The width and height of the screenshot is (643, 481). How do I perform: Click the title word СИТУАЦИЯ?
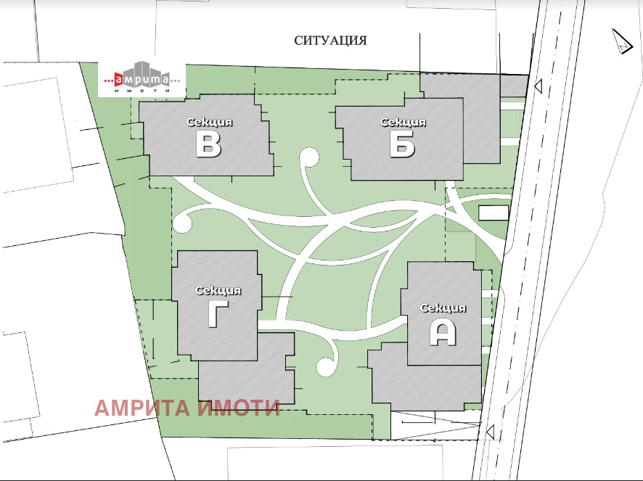click(x=330, y=41)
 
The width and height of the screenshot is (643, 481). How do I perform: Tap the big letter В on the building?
click(x=209, y=145)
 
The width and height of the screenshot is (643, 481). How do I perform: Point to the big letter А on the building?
click(x=443, y=332)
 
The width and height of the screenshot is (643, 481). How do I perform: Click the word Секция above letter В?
click(x=209, y=122)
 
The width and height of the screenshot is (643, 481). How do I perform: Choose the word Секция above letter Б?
click(x=402, y=122)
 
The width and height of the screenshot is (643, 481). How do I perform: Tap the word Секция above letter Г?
click(x=218, y=290)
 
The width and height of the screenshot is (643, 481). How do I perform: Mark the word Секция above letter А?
click(x=443, y=308)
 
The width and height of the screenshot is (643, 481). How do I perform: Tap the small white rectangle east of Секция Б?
click(x=494, y=212)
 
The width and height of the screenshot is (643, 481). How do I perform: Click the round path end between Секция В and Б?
click(x=309, y=158)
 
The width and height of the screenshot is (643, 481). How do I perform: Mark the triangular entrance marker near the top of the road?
click(x=537, y=87)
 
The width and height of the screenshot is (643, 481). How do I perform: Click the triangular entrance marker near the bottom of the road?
click(x=491, y=432)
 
